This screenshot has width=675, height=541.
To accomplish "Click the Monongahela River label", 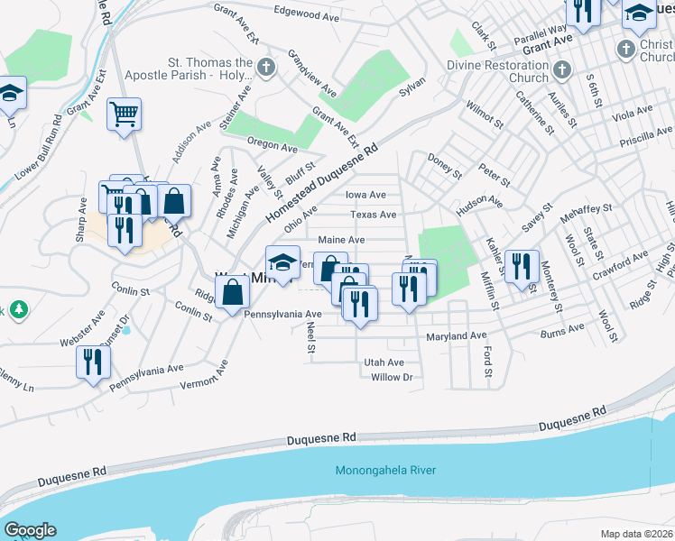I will pyautogui.click(x=385, y=471).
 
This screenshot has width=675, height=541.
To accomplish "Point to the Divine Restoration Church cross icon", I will pyautogui.click(x=561, y=69).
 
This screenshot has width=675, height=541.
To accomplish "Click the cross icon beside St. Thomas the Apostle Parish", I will pyautogui.click(x=265, y=66).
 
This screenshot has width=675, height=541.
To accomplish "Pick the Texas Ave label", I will pyautogui.click(x=374, y=215).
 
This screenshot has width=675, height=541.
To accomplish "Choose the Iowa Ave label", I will pyautogui.click(x=365, y=195).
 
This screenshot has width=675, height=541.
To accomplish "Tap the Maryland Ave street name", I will pyautogui.click(x=456, y=336).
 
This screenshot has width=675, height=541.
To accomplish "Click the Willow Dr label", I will pyautogui.click(x=391, y=377).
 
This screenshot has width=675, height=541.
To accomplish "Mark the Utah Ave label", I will pyautogui.click(x=384, y=362).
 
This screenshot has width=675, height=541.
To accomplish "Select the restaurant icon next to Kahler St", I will pyautogui.click(x=522, y=267).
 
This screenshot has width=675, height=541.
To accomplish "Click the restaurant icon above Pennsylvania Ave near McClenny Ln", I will pyautogui.click(x=93, y=362).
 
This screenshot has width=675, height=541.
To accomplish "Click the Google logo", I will pyautogui.click(x=30, y=530).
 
